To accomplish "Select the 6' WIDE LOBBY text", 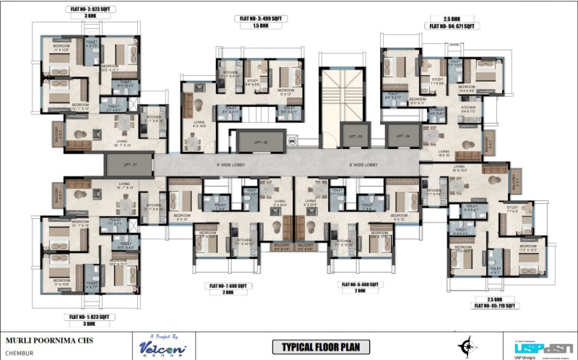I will pyautogui.click(x=361, y=164).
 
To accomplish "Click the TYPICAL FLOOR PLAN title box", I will pyautogui.click(x=321, y=348).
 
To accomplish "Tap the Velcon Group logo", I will pyautogui.click(x=160, y=346).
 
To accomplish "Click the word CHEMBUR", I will pyautogui.click(x=21, y=353).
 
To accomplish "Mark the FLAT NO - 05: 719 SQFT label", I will pyautogui.click(x=495, y=306).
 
